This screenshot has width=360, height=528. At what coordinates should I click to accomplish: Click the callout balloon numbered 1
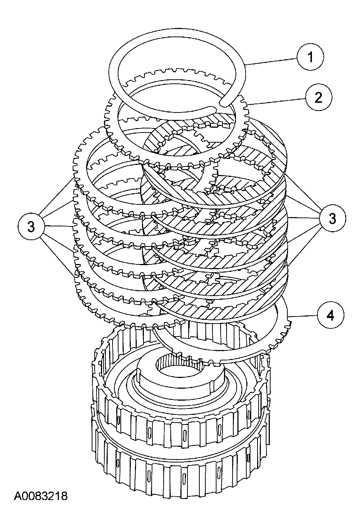pos(310,58)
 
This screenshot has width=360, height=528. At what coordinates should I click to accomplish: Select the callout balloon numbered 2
pos(318,98)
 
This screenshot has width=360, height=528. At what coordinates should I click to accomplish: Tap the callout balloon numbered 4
pos(331,315)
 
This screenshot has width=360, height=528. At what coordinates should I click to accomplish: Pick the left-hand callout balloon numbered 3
pos(31,226)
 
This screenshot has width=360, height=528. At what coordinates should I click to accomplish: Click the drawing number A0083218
pos(41,496)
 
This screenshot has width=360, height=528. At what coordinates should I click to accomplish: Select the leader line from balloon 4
pos(304,316)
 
